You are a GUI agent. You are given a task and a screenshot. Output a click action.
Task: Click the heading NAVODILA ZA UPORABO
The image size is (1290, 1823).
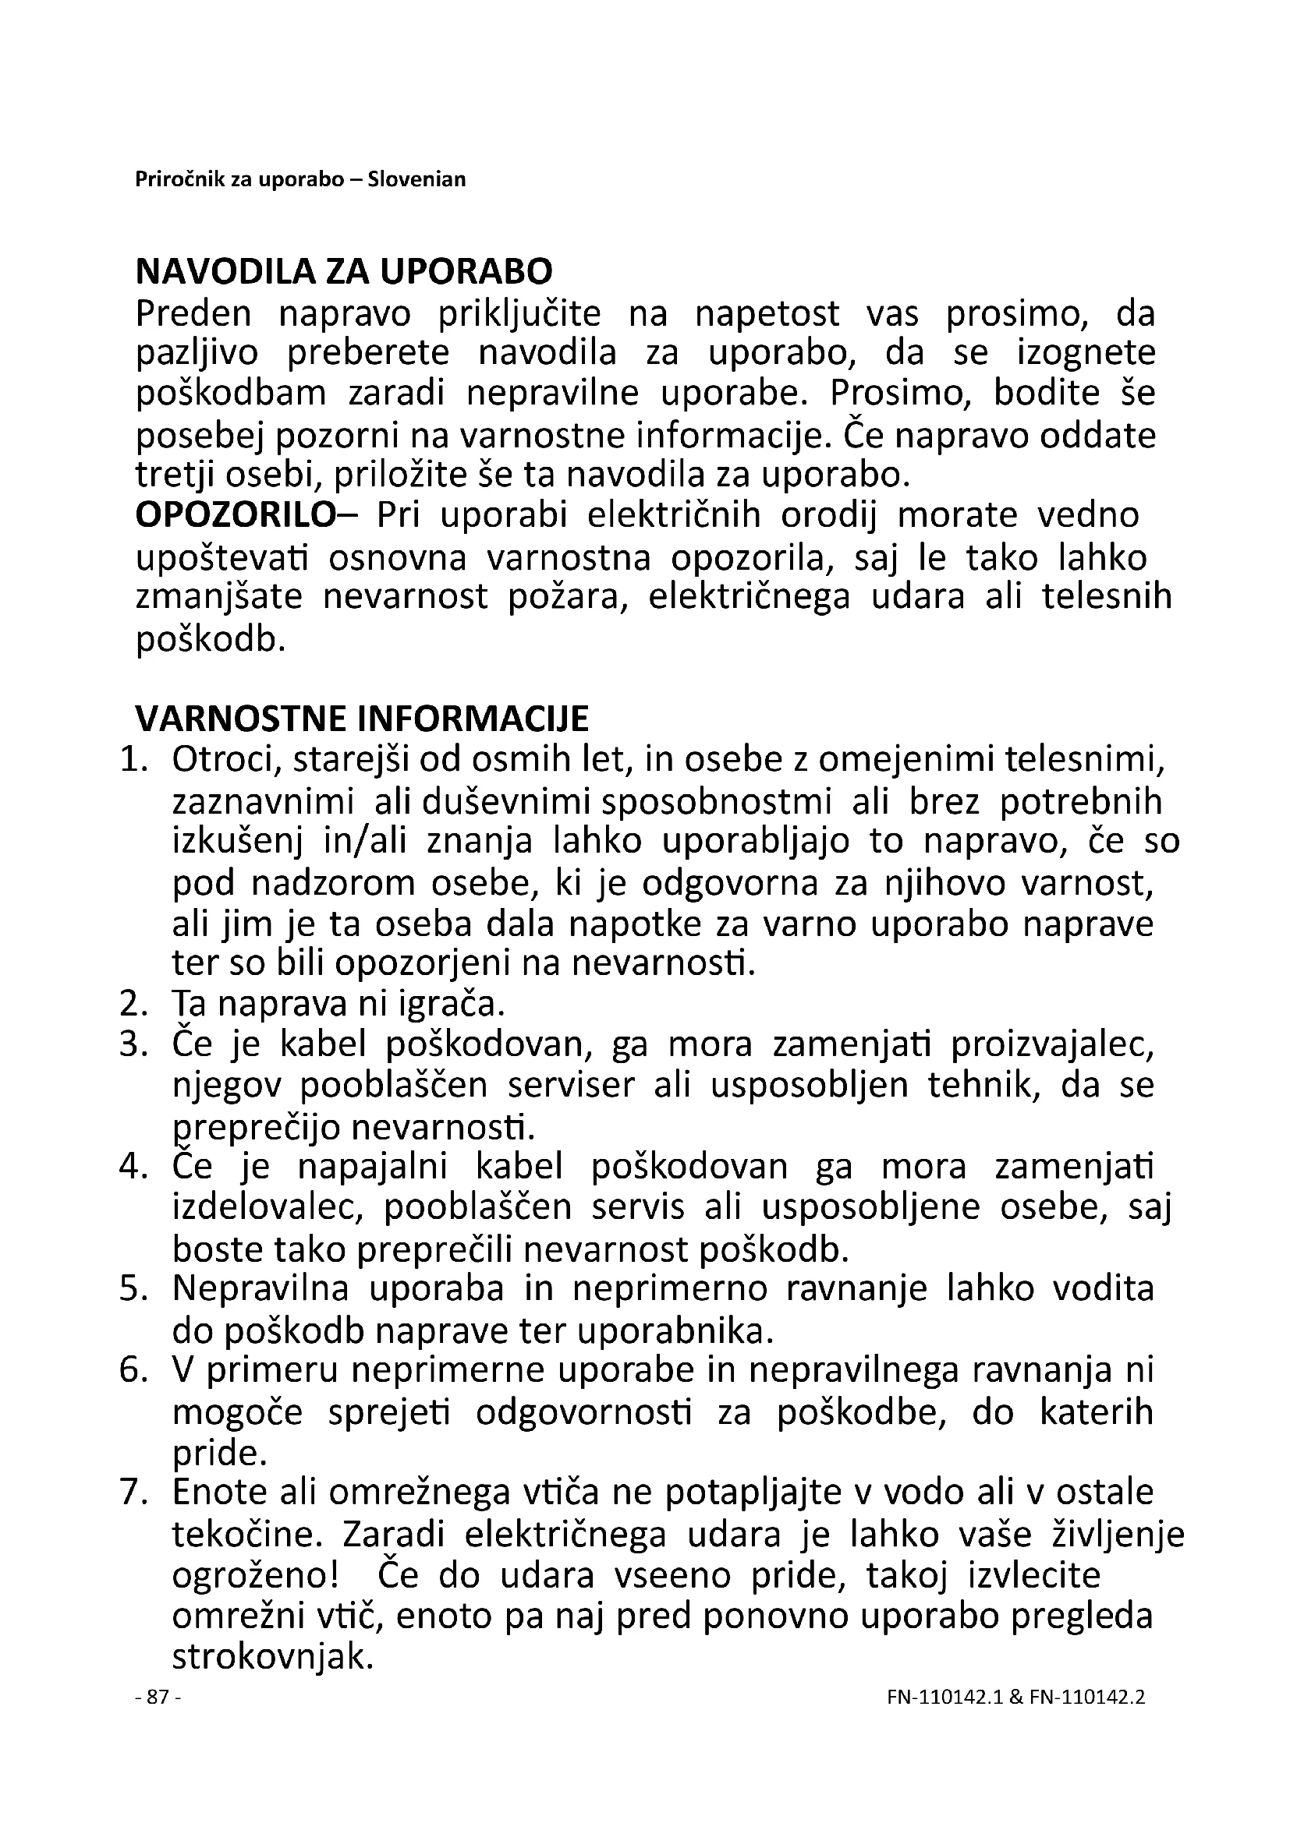[x=343, y=272]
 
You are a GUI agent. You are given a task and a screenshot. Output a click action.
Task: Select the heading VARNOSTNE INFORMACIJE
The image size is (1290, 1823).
[x=362, y=719]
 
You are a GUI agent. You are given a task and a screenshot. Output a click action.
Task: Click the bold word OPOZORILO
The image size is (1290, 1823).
[x=236, y=515]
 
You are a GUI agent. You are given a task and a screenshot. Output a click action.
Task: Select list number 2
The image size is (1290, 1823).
[x=133, y=1005]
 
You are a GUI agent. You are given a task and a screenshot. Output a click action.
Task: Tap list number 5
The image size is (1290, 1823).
[x=133, y=1288]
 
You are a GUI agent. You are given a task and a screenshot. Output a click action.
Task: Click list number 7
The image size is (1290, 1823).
[x=133, y=1493]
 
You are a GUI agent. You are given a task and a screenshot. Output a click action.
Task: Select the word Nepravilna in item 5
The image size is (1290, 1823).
[x=260, y=1288]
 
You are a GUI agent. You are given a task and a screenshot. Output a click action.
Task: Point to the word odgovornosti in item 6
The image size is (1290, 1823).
[x=584, y=1412]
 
